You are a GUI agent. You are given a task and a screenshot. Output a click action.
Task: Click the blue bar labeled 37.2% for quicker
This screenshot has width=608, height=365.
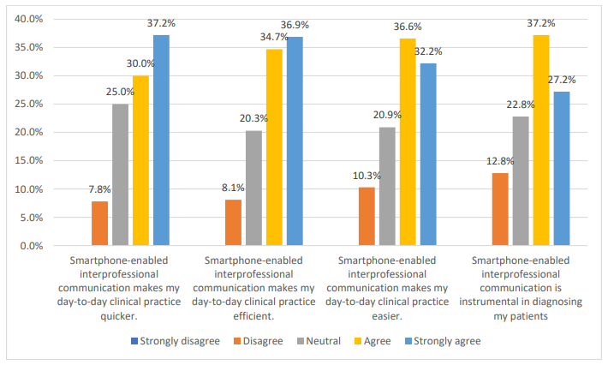click(x=161, y=141)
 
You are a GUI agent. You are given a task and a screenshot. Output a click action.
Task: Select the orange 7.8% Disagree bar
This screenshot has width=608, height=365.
click(x=100, y=224)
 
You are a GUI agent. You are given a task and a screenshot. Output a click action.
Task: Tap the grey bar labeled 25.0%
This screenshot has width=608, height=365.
click(x=121, y=175)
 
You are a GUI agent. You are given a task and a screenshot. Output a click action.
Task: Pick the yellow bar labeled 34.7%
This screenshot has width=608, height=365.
click(x=274, y=147)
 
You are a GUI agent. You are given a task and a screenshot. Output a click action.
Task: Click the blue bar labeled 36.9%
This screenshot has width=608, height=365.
click(x=295, y=141)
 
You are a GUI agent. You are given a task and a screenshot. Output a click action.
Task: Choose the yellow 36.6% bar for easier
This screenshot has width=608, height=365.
click(x=408, y=142)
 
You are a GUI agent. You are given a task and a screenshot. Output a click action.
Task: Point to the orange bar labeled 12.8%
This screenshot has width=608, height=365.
click(x=500, y=209)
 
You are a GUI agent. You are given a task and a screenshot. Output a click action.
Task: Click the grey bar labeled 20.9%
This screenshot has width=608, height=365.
click(x=387, y=187)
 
